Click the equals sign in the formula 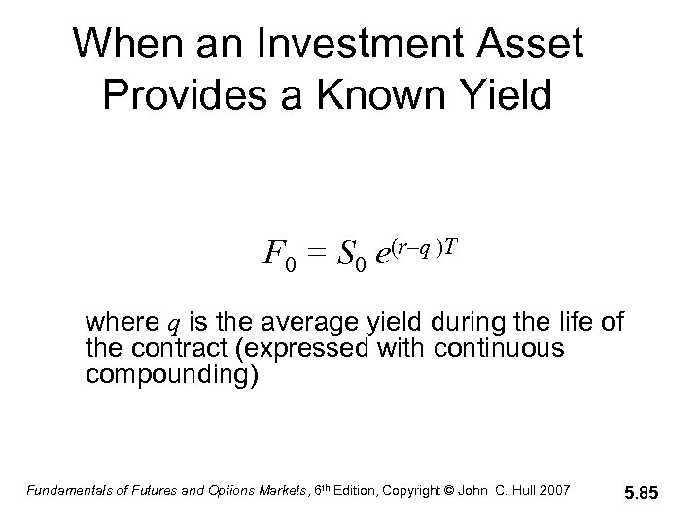click(313, 255)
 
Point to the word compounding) click(171, 375)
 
